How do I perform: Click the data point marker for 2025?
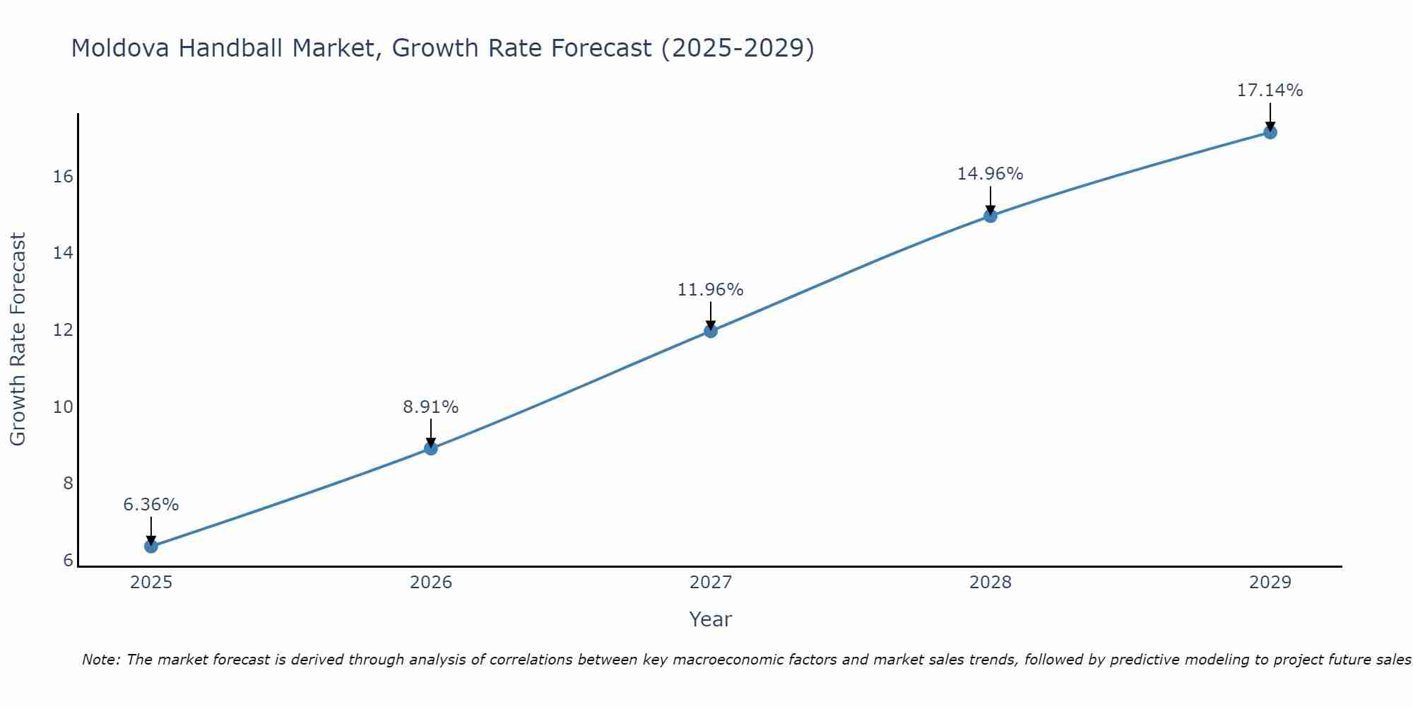(x=150, y=546)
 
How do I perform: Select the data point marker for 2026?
(x=430, y=448)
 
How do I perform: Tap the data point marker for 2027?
(x=710, y=330)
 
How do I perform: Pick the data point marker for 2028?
(x=990, y=216)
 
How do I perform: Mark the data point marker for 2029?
(x=1270, y=132)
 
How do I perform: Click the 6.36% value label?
(x=150, y=505)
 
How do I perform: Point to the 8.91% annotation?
(x=430, y=407)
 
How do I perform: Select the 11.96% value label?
(x=710, y=290)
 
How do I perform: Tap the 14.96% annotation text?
(x=990, y=174)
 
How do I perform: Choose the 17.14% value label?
(x=1270, y=90)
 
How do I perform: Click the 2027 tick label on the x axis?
(x=710, y=583)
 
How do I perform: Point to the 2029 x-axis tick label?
(x=1270, y=583)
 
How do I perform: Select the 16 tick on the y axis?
(x=63, y=177)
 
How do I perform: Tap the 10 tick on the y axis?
(x=63, y=407)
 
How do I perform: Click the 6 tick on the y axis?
(x=68, y=561)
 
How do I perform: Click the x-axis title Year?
(x=710, y=619)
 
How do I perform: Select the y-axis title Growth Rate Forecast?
(x=18, y=339)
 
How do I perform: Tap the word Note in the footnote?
(x=100, y=660)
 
